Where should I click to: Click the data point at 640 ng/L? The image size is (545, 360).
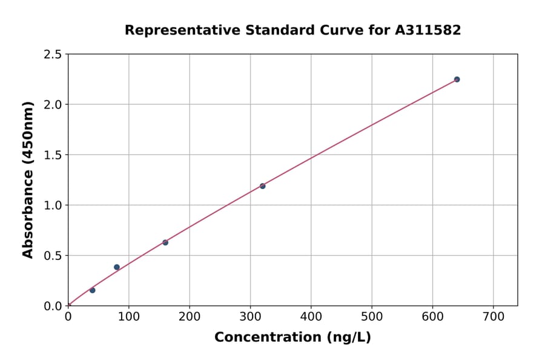pyautogui.click(x=457, y=79)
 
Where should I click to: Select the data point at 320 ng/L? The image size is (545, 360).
pyautogui.click(x=262, y=186)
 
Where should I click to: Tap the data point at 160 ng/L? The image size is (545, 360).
pyautogui.click(x=165, y=242)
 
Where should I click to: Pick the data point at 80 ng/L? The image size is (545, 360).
pyautogui.click(x=117, y=267)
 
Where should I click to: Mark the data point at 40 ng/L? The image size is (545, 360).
pyautogui.click(x=92, y=290)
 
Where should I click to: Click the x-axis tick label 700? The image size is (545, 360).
pyautogui.click(x=493, y=316)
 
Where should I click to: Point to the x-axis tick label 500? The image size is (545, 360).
pyautogui.click(x=372, y=316)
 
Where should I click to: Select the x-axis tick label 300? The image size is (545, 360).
pyautogui.click(x=250, y=316)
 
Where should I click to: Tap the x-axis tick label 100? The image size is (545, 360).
pyautogui.click(x=128, y=316)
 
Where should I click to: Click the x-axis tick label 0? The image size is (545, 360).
pyautogui.click(x=68, y=316)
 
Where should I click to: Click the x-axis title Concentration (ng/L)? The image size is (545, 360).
pyautogui.click(x=292, y=338)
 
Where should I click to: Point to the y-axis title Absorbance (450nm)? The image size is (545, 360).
pyautogui.click(x=28, y=180)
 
